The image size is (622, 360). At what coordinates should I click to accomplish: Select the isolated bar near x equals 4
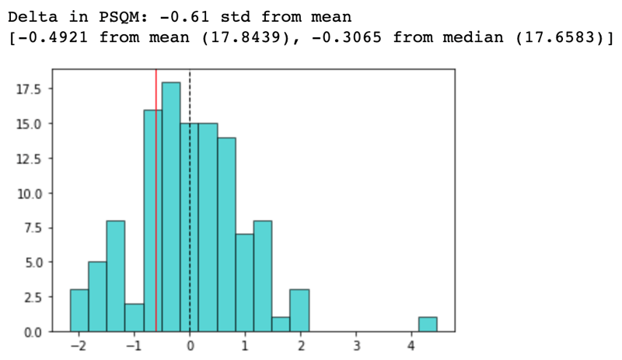point(427,324)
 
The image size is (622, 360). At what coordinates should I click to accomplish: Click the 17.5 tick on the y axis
point(31,89)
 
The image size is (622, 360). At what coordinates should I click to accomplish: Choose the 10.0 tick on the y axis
point(31,193)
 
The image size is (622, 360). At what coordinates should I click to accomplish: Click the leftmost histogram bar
point(79,310)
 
